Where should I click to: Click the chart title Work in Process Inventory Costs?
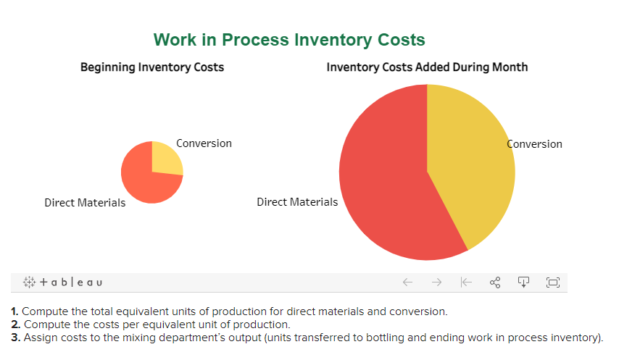[x=289, y=40]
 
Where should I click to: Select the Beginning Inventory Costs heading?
[x=152, y=67]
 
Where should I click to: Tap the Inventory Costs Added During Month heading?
[x=427, y=67]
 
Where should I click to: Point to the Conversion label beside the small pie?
[x=204, y=143]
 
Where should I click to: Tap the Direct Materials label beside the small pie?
[x=85, y=203]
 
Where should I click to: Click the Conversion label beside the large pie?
[x=535, y=144]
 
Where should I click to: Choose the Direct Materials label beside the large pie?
[x=297, y=202]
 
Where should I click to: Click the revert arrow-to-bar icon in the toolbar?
[x=466, y=282]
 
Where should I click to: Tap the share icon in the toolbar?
[x=495, y=282]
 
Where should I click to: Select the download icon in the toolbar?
[x=523, y=282]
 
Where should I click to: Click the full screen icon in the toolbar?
[x=552, y=282]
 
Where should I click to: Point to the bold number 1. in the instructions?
[x=15, y=311]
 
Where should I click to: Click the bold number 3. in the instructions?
[x=16, y=338]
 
